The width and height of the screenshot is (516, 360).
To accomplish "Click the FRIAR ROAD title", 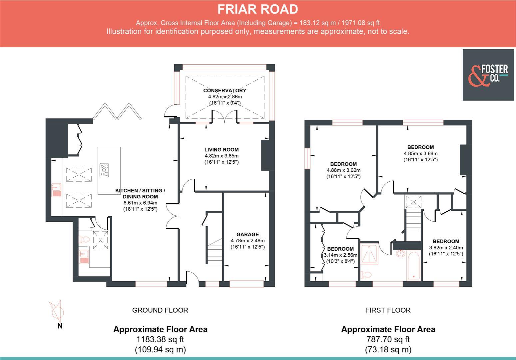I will pos(258,9).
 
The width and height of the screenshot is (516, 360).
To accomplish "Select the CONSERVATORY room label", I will pos(225,90).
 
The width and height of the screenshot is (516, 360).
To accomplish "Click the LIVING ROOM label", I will pos(221,150).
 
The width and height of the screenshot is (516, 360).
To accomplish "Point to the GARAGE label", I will pos(248,234).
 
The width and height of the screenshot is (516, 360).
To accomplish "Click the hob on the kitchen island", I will pos(104,169).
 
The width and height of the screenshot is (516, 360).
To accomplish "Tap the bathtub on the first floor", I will pos(413,265).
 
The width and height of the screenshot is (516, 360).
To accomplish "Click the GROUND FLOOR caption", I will pos(160,310).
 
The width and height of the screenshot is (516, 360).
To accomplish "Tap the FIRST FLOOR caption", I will pos(388,310).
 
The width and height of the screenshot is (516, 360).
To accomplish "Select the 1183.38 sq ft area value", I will pos(160,339).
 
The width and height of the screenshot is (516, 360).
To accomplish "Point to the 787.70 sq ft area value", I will pos(388,339).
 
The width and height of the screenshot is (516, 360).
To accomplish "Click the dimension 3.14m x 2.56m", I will pos(340,255).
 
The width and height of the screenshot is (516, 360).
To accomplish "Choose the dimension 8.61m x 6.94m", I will pos(140,203).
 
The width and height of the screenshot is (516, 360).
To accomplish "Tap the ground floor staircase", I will pos(215,253).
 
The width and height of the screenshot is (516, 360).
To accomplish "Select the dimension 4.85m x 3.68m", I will pos(420,153).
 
